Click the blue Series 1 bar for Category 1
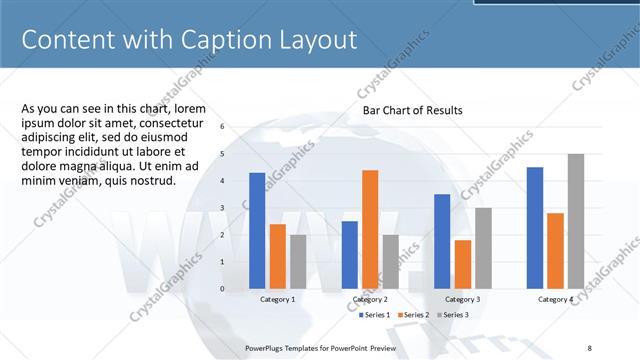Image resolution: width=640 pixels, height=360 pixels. coord(257,230)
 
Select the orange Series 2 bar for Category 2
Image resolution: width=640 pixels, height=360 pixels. coord(370,229)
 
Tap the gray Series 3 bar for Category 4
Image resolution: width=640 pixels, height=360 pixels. coord(575,221)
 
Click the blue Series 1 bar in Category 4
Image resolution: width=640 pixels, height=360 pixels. coord(535,227)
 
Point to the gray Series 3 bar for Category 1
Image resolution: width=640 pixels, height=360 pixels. coord(298,261)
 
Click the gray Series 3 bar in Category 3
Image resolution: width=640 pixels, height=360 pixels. coord(483,248)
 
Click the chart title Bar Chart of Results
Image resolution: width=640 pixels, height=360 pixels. coord(412,110)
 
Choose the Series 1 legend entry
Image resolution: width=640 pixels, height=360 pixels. coord(376,315)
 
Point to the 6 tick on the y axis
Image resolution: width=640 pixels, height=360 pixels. coord(222,127)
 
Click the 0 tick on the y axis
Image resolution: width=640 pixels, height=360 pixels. coord(222,288)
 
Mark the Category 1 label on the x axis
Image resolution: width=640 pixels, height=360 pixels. coord(277,299)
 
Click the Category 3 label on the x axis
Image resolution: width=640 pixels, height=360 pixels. coord(462,299)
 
